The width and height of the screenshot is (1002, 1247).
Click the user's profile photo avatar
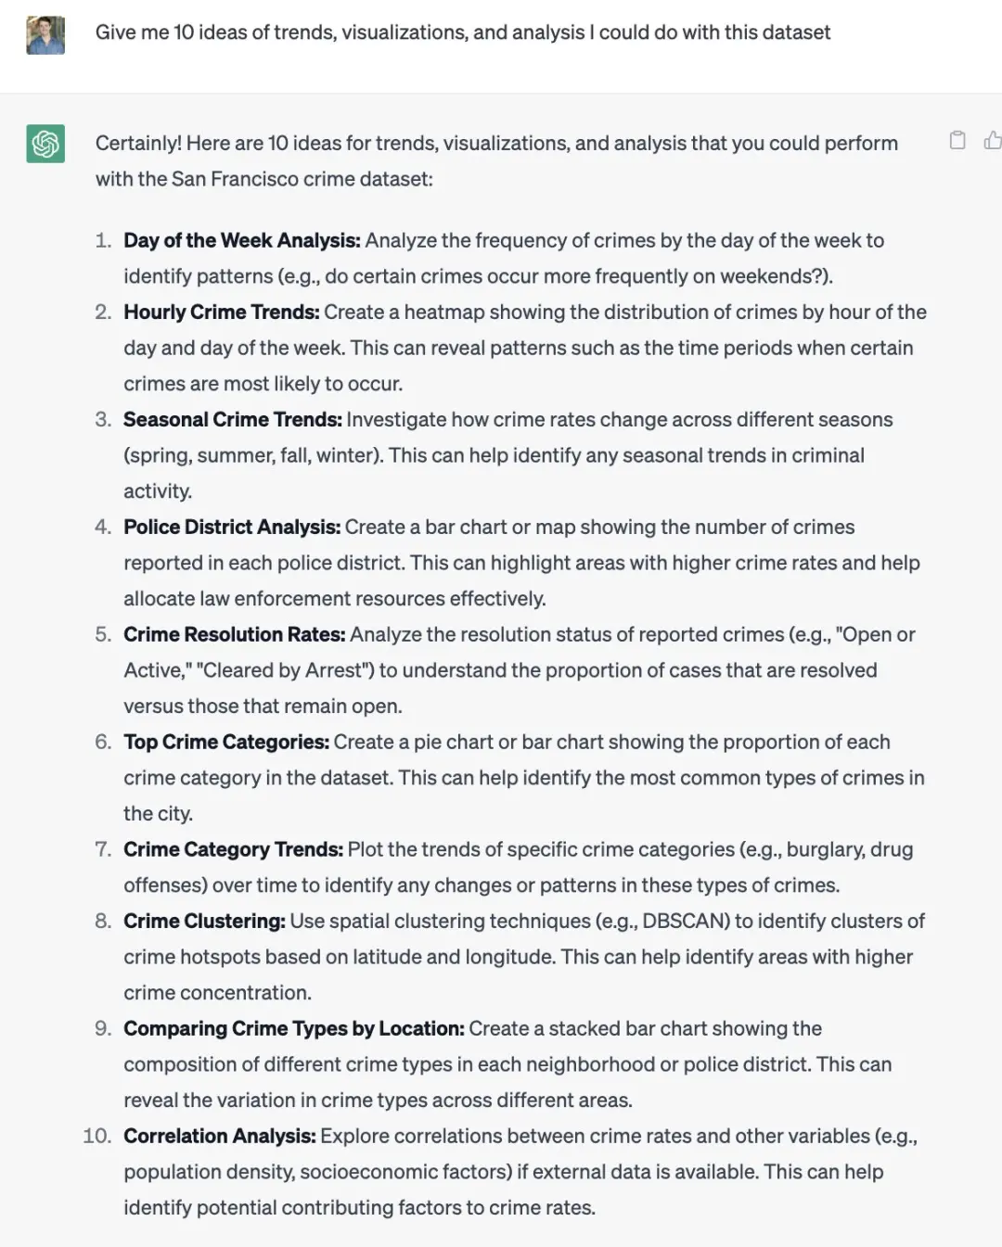click(x=45, y=35)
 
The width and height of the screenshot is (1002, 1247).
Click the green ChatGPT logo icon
click(x=45, y=144)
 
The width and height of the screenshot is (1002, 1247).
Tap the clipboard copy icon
click(x=957, y=140)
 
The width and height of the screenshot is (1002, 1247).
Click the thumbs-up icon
click(x=993, y=140)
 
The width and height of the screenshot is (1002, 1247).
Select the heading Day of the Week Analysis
click(x=241, y=240)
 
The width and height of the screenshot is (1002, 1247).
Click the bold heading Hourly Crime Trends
click(x=221, y=312)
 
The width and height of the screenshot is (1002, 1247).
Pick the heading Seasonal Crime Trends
click(x=232, y=419)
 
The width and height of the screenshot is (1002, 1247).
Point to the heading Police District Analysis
click(x=231, y=527)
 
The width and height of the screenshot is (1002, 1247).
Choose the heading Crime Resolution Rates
click(x=234, y=634)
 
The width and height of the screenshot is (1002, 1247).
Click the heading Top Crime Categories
click(x=226, y=742)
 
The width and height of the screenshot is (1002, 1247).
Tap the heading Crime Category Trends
click(x=233, y=849)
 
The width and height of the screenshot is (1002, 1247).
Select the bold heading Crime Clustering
click(x=204, y=921)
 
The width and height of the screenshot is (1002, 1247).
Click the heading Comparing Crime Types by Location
click(x=293, y=1028)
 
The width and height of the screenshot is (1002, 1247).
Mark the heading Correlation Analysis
click(x=220, y=1136)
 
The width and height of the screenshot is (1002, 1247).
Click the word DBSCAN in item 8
click(x=681, y=921)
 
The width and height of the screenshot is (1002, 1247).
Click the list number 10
click(x=96, y=1136)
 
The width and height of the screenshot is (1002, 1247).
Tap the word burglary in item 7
click(x=827, y=849)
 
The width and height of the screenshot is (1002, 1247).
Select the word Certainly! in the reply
click(x=137, y=143)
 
